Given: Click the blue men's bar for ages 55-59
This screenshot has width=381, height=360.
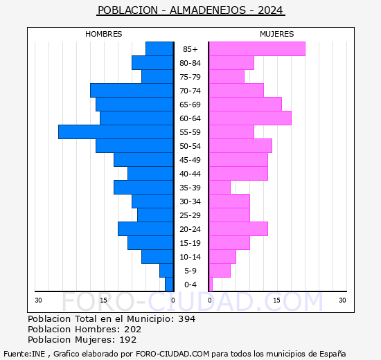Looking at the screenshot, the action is (x=116, y=132).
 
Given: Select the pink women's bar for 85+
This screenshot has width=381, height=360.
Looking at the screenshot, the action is (x=257, y=49).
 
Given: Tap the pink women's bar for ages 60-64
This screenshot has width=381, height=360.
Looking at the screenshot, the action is (x=250, y=118).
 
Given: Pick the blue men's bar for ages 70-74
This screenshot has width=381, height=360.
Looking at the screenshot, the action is (x=132, y=91).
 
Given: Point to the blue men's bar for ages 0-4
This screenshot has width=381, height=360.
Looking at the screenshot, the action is (x=169, y=285).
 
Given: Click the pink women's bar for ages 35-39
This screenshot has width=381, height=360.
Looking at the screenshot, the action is (x=220, y=188).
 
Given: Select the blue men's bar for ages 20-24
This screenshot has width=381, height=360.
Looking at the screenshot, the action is (x=145, y=229).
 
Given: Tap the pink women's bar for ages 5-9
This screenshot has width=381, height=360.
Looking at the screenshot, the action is (x=220, y=271).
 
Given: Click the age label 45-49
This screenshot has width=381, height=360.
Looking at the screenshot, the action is (x=190, y=160).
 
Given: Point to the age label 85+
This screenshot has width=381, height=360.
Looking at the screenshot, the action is (x=190, y=49).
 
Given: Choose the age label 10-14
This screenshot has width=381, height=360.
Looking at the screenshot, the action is (x=190, y=257).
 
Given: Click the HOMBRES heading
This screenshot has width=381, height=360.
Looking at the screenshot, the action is (x=103, y=34).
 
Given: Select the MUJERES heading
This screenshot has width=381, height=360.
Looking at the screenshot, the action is (x=277, y=34).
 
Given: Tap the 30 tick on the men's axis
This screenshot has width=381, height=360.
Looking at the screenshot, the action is (x=38, y=300).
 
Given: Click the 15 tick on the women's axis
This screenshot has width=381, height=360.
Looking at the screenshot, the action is (x=276, y=300).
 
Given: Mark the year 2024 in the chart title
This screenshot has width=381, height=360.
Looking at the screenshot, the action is (x=270, y=10).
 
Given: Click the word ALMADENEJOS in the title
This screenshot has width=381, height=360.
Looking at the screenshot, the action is (x=208, y=10).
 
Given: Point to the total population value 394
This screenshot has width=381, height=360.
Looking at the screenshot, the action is (x=186, y=318).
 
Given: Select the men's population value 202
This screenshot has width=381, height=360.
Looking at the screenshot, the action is (x=133, y=329).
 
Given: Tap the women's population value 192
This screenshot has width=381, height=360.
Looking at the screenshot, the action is (x=128, y=340).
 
